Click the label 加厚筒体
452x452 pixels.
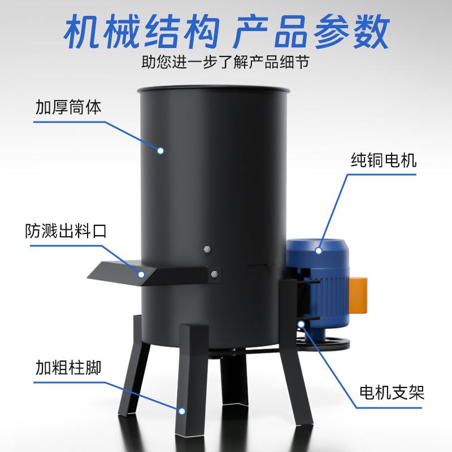click(x=68, y=107)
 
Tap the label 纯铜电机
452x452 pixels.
click(x=383, y=160)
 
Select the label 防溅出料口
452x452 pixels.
click(x=66, y=232)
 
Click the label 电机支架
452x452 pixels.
click(x=392, y=392)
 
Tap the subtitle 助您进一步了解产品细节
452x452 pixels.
click(x=226, y=61)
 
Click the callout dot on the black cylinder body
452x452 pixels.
click(x=160, y=151)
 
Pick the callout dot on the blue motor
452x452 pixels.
click(x=319, y=250)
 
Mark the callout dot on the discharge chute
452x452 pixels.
click(x=142, y=275)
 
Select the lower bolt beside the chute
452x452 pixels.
click(x=214, y=275)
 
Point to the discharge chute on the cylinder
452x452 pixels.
click(x=119, y=272)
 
